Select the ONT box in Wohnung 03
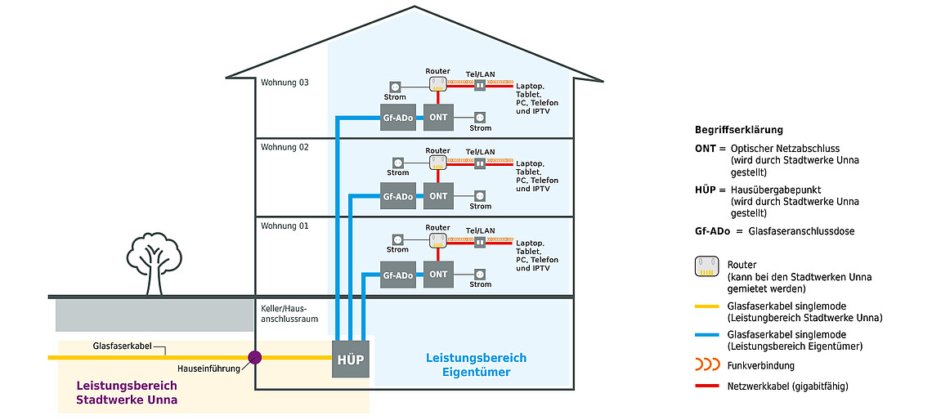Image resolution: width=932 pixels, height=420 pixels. tap(439, 117)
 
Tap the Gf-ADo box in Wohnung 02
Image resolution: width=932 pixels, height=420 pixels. tap(398, 197)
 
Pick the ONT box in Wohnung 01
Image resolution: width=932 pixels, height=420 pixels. tap(439, 275)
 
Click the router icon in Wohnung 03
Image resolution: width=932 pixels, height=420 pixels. tap(438, 84)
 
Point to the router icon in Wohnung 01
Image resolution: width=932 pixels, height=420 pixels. tap(438, 239)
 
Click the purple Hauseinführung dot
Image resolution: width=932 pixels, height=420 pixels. tap(254, 357)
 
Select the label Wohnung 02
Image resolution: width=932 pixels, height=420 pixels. tap(285, 147)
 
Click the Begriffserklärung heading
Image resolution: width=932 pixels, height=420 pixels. tap(738, 130)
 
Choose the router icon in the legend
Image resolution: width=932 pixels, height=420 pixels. tap(706, 266)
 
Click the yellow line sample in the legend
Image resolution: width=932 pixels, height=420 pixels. tap(706, 306)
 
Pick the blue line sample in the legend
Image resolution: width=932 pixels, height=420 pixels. tap(706, 335)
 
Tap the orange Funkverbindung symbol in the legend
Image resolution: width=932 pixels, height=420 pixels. tap(706, 365)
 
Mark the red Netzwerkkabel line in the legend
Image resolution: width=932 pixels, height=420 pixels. tap(706, 386)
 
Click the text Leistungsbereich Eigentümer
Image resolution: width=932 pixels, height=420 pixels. tap(476, 365)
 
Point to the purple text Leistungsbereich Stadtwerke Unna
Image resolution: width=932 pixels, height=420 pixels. tap(127, 393)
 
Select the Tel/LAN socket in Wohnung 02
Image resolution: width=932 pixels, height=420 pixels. tap(480, 163)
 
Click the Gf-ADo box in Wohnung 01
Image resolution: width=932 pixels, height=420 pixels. tap(398, 275)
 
